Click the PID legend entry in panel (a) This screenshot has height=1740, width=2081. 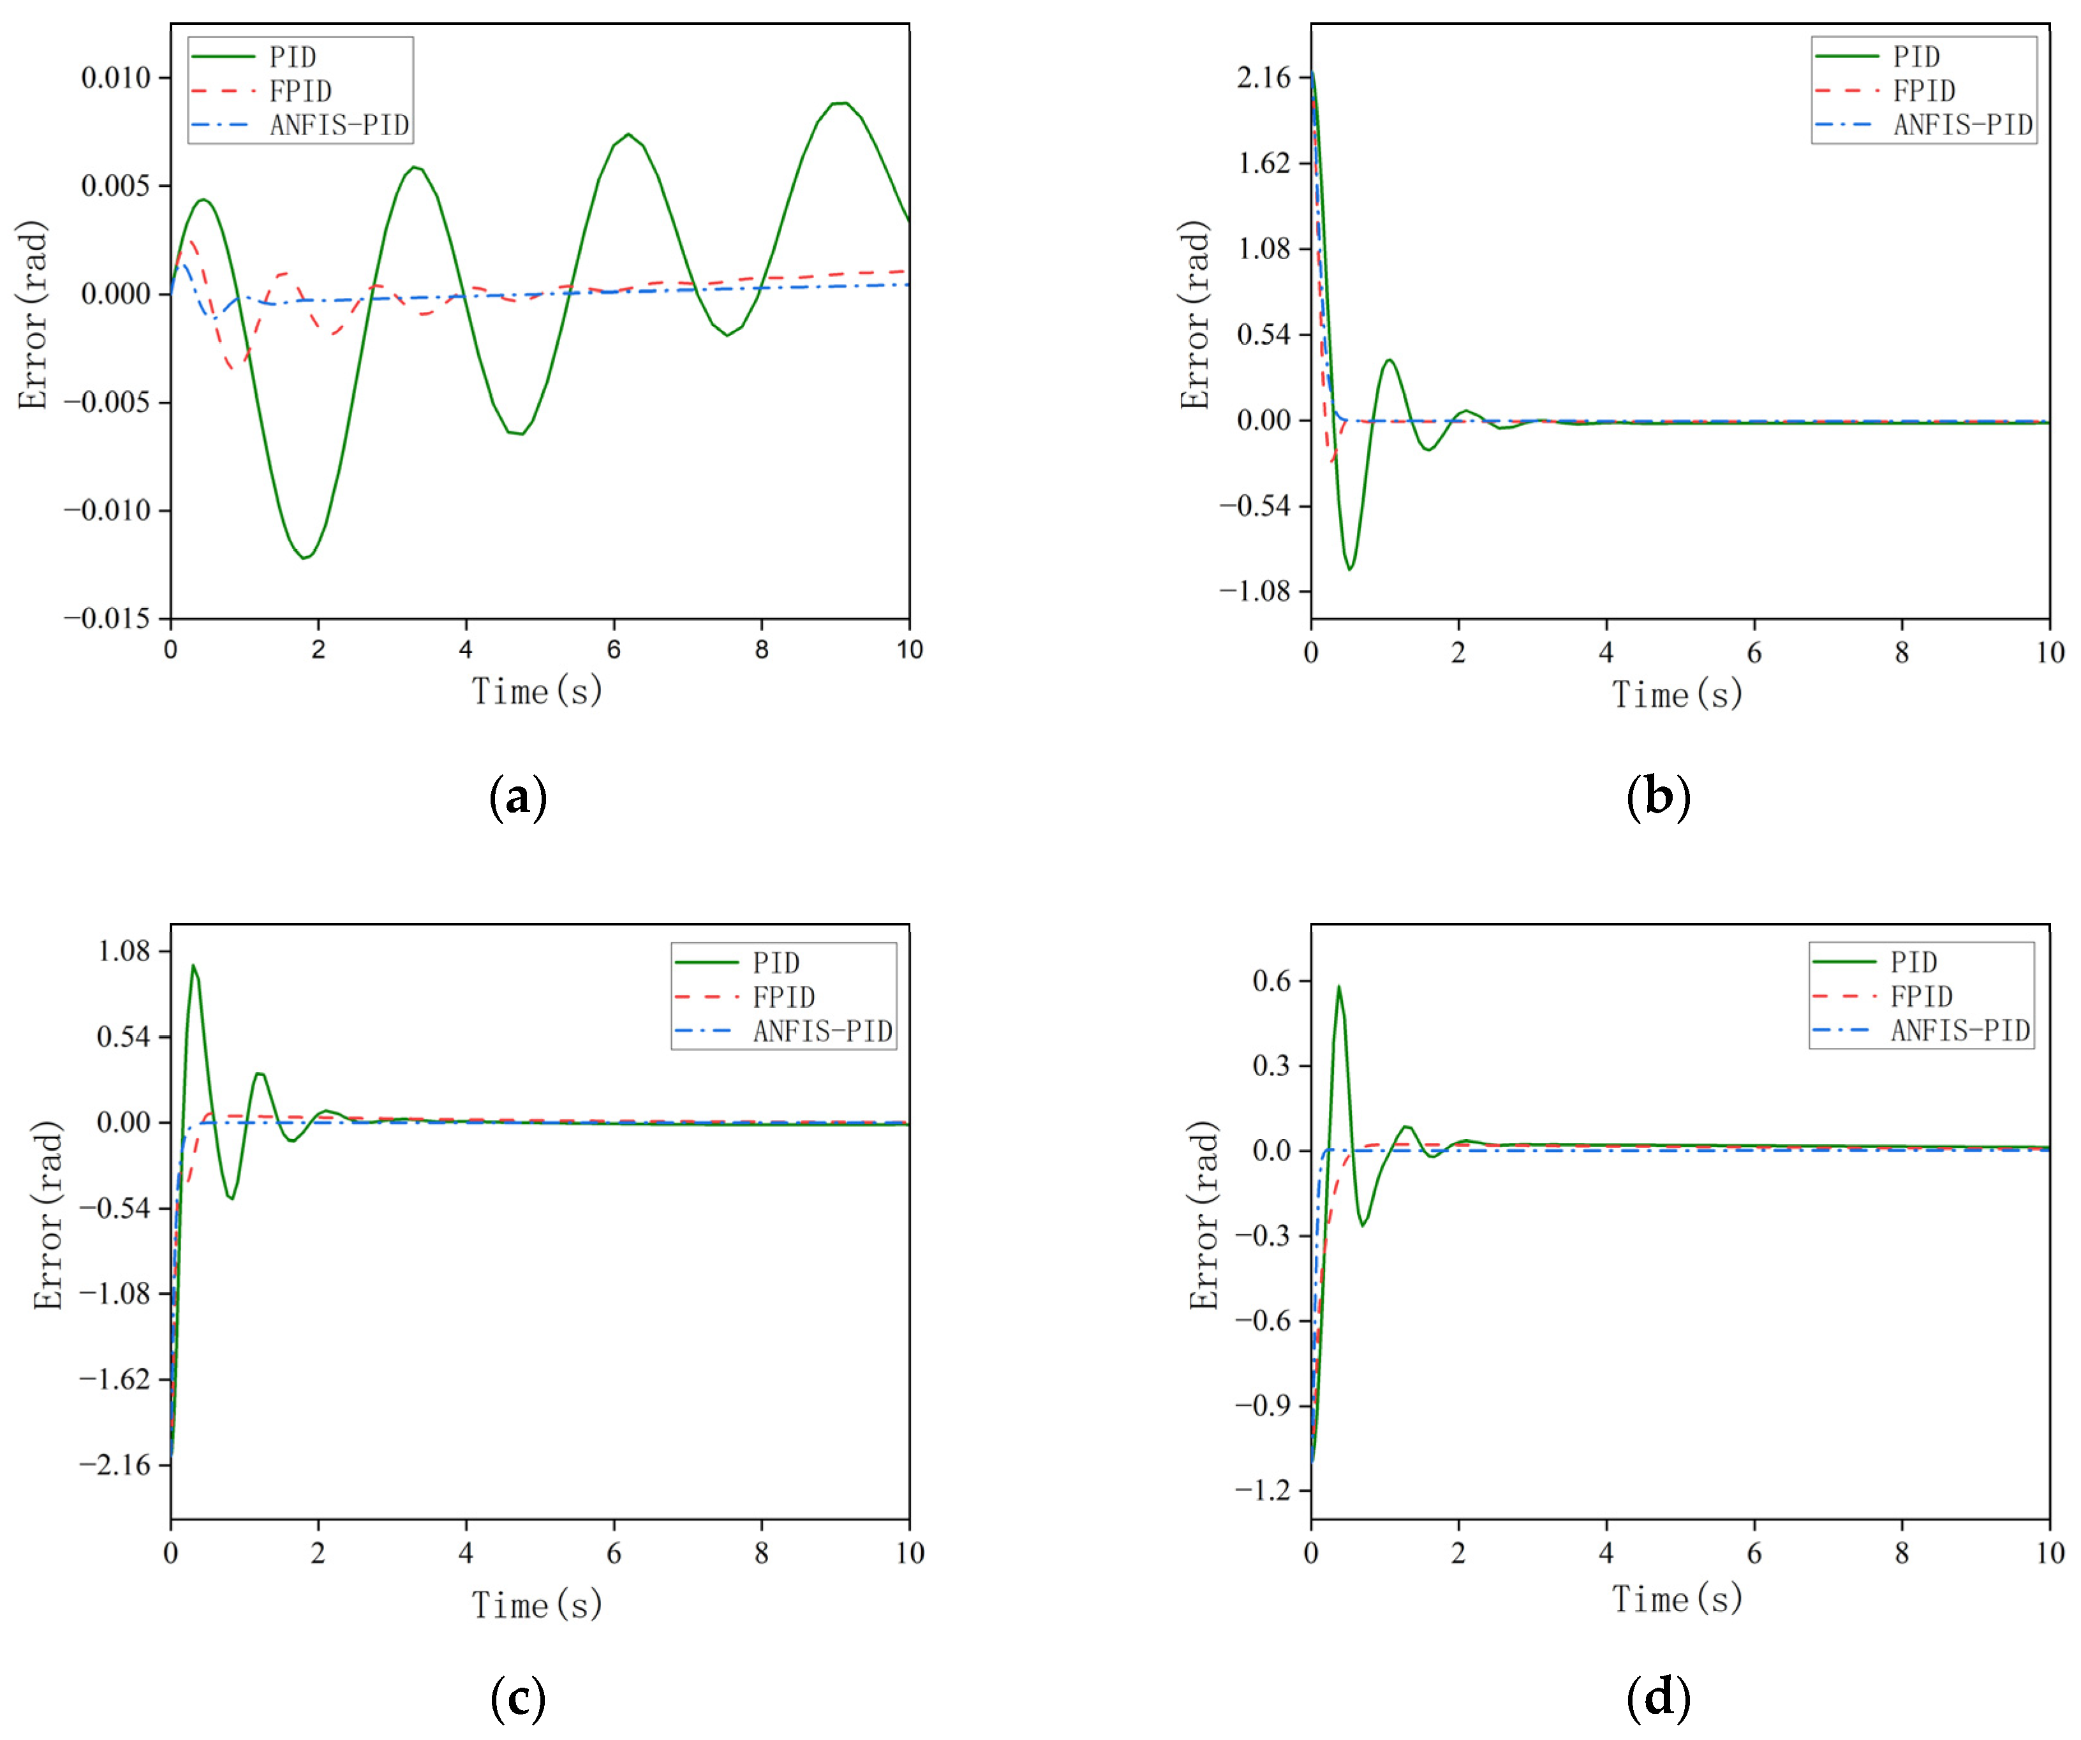click(x=292, y=57)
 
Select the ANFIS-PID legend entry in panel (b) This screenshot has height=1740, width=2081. click(x=1962, y=126)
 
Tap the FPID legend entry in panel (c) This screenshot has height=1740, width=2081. click(x=783, y=997)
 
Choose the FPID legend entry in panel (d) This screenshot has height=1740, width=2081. click(x=1920, y=996)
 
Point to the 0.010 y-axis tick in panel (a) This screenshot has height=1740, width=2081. click(x=116, y=77)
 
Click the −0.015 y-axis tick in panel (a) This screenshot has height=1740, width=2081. click(x=107, y=618)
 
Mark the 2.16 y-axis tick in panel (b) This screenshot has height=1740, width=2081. click(x=1263, y=77)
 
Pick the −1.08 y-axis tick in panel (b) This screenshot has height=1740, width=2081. click(x=1255, y=591)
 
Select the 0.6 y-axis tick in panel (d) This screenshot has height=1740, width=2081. click(x=1272, y=981)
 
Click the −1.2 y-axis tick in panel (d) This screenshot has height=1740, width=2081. click(x=1263, y=1491)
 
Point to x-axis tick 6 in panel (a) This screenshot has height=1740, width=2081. click(x=614, y=650)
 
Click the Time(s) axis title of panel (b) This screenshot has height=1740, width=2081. click(x=1677, y=695)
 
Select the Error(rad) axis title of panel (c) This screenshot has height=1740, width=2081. click(x=48, y=1215)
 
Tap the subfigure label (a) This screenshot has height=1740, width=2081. click(x=517, y=798)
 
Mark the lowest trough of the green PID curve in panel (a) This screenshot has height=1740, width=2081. click(x=304, y=558)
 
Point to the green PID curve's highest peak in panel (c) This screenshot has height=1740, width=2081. click(x=193, y=965)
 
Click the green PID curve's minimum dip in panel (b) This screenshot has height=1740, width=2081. click(x=1349, y=569)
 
